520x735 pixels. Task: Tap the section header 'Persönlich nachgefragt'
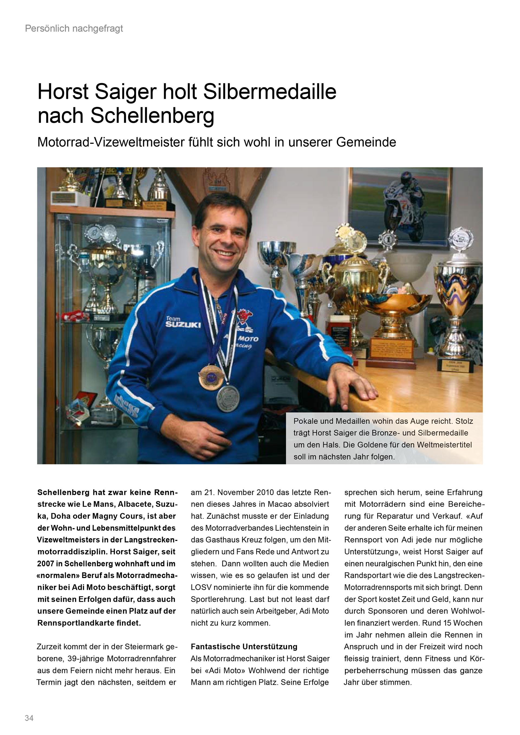(74, 29)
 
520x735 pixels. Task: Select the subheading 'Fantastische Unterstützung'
(244, 647)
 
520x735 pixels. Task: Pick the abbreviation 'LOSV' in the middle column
(201, 587)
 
